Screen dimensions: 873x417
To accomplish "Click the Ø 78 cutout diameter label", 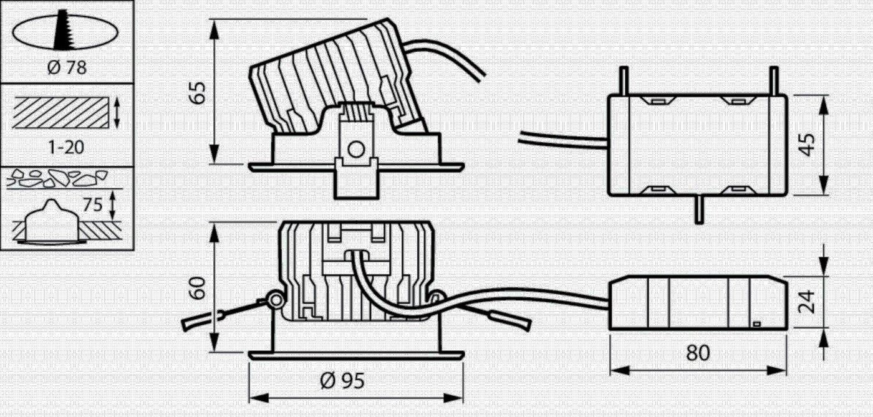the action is pyautogui.click(x=67, y=67).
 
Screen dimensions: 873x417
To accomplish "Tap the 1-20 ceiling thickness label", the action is pyautogui.click(x=66, y=147).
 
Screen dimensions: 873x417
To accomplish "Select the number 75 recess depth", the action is pyautogui.click(x=93, y=204).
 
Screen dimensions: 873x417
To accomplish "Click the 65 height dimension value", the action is pyautogui.click(x=198, y=93).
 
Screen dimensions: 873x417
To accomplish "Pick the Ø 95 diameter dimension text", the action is pyautogui.click(x=342, y=381).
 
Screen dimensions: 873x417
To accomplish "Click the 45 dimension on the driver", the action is pyautogui.click(x=807, y=145).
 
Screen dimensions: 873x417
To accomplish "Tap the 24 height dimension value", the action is pyautogui.click(x=806, y=301).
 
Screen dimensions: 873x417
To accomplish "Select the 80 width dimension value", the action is pyautogui.click(x=698, y=353).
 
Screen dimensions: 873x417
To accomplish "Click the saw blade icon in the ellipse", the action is pyautogui.click(x=63, y=31).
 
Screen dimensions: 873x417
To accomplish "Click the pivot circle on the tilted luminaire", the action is pyautogui.click(x=356, y=149).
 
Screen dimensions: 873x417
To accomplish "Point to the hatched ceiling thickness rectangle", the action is pyautogui.click(x=61, y=113).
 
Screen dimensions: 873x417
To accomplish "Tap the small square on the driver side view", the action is pyautogui.click(x=757, y=324).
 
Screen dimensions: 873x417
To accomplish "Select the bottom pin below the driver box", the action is pyautogui.click(x=699, y=209).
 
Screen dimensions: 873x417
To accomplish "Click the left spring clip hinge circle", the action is pyautogui.click(x=276, y=300).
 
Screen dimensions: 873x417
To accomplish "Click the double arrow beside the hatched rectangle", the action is pyautogui.click(x=117, y=113).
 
